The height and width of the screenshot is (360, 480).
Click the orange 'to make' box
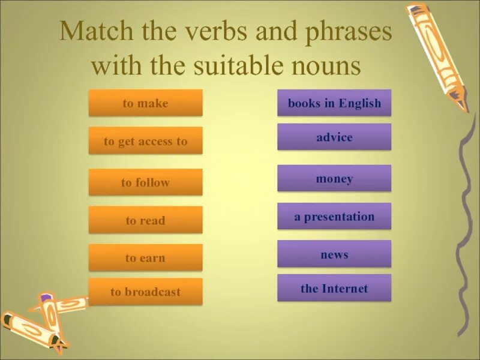tap(145, 103)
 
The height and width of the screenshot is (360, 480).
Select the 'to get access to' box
tap(145, 142)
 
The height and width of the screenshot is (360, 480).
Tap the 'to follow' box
tap(145, 182)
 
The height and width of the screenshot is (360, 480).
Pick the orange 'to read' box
tap(145, 220)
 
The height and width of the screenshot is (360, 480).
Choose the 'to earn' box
tap(145, 258)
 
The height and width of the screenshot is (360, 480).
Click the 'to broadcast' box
tap(145, 292)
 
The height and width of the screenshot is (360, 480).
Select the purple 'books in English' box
tap(334, 103)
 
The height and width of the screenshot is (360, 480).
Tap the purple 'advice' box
tap(334, 137)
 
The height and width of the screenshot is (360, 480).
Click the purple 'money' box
tap(334, 179)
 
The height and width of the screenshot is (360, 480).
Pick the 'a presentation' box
tap(334, 217)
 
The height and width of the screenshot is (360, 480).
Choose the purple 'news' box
tap(334, 254)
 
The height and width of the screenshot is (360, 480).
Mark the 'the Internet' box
tap(334, 289)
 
